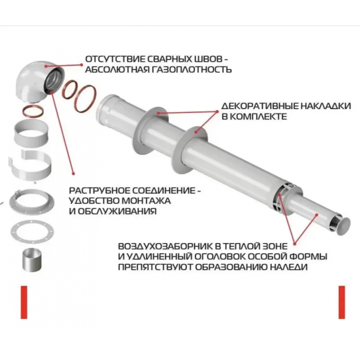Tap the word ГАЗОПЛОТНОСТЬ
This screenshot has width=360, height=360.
[x=192, y=69]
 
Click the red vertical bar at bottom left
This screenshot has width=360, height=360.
[x=24, y=302]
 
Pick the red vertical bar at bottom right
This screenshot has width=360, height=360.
[x=342, y=302]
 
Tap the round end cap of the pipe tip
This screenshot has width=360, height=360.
[x=344, y=226]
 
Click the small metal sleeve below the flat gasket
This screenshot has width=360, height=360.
[x=32, y=260]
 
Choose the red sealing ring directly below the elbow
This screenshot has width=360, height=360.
[x=25, y=111]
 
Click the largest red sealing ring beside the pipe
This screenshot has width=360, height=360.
[x=78, y=99]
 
